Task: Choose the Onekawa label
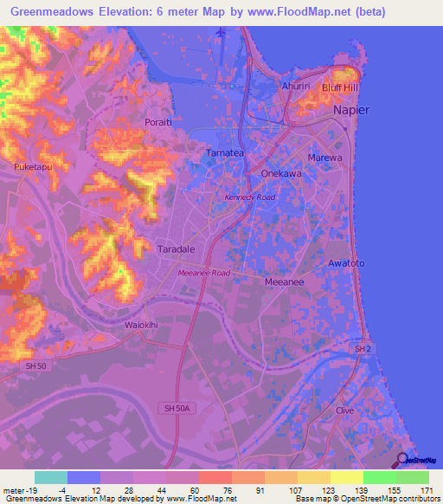[279, 173]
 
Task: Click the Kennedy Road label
[249, 197]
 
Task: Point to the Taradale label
[176, 247]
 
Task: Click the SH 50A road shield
[176, 407]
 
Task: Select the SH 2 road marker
[362, 348]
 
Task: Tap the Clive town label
[345, 410]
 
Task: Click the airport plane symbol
[221, 32]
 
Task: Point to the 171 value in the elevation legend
[426, 489]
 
